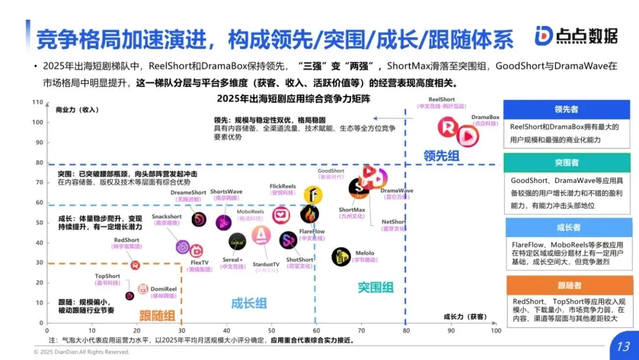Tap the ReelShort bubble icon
pyautogui.click(x=448, y=127)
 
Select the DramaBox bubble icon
pyautogui.click(x=467, y=136)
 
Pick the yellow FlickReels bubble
pyautogui.click(x=313, y=195)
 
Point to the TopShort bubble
pyautogui.click(x=130, y=295)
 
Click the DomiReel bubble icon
pyautogui.click(x=143, y=289)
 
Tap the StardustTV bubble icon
pyautogui.click(x=261, y=236)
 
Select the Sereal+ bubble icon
pyautogui.click(x=237, y=241)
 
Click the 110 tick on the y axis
pyautogui.click(x=39, y=102)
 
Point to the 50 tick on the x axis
pyautogui.click(x=272, y=330)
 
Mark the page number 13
pyautogui.click(x=622, y=346)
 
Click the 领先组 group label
pyautogui.click(x=441, y=156)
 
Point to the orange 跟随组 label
pyautogui.click(x=157, y=315)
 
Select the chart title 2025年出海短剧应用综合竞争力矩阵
pyautogui.click(x=293, y=98)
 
